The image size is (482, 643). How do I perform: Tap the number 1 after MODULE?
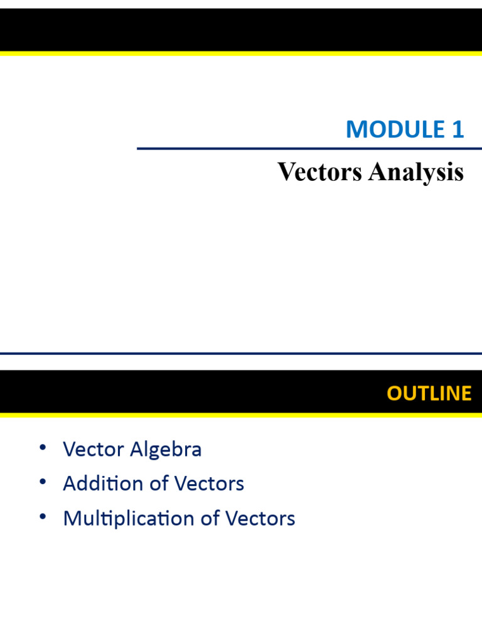pyautogui.click(x=458, y=129)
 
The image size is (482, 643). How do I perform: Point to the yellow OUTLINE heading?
pyautogui.click(x=429, y=393)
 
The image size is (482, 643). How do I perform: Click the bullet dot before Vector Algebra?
pyautogui.click(x=42, y=448)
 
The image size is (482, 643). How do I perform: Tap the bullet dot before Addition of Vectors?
pyautogui.click(x=42, y=482)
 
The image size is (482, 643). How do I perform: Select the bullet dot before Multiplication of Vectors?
pyautogui.click(x=42, y=516)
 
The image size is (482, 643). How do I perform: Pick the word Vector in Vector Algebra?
pyautogui.click(x=94, y=450)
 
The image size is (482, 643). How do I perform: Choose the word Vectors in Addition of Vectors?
pyautogui.click(x=209, y=484)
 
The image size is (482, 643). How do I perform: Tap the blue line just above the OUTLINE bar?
pyautogui.click(x=241, y=354)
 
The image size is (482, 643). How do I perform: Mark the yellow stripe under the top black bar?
pyautogui.click(x=241, y=54)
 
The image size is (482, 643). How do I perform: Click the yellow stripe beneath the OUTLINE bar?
pyautogui.click(x=241, y=415)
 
